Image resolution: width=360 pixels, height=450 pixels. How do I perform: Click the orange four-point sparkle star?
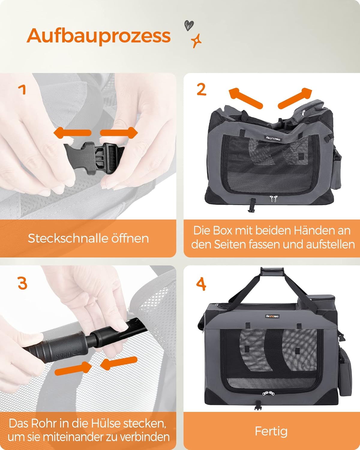tap(196, 41)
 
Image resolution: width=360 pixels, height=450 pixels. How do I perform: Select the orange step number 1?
tap(22, 89)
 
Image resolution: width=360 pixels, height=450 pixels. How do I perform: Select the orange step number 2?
tap(201, 89)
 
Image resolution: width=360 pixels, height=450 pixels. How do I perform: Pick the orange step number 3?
tap(22, 283)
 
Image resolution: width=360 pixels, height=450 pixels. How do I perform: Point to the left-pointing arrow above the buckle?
tap(72, 133)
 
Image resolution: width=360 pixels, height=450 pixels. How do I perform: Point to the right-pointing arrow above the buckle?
tap(119, 133)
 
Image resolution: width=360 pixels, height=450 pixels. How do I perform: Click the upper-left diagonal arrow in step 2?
tap(246, 98)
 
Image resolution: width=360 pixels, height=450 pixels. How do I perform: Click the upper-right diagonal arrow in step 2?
tap(295, 98)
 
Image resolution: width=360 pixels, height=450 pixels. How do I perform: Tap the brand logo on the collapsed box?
tap(274, 138)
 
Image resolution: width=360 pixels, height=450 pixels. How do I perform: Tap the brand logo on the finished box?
tap(272, 316)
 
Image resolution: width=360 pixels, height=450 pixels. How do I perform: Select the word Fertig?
tap(271, 431)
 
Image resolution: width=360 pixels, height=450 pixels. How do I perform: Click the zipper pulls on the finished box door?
tap(268, 393)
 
